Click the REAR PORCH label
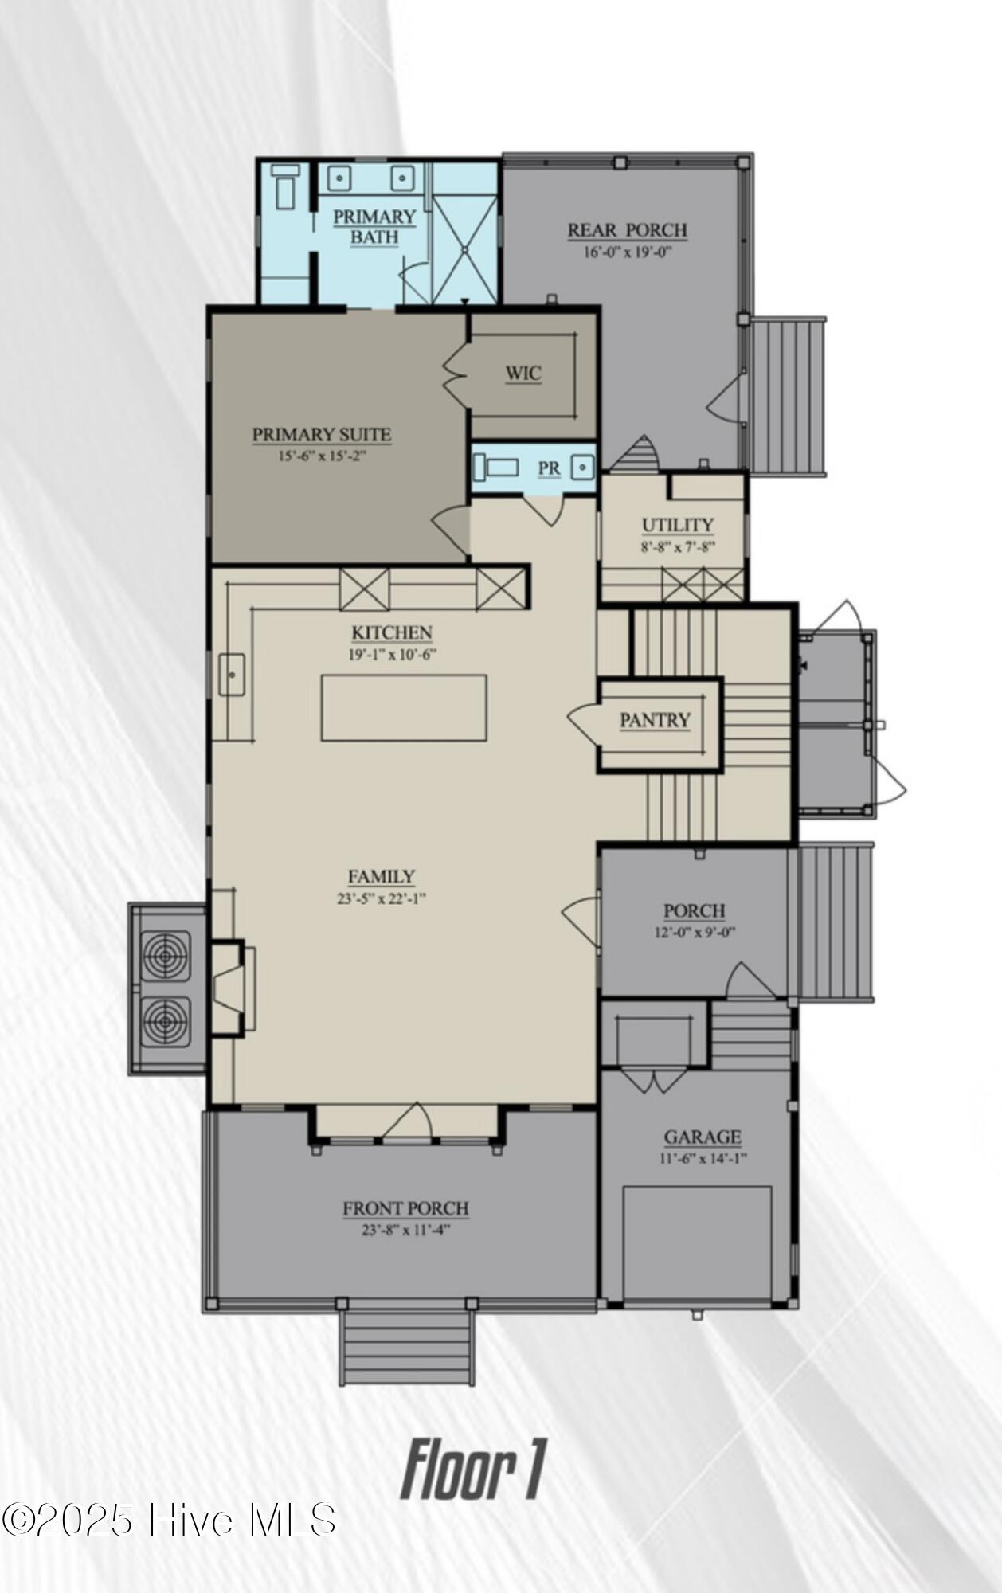tap(627, 230)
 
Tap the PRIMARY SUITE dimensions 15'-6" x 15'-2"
tap(322, 456)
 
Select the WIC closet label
tap(523, 373)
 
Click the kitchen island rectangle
tap(404, 708)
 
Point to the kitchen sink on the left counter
tap(232, 674)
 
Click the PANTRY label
tap(655, 720)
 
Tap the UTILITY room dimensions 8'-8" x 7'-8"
tap(678, 546)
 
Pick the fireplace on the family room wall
tap(229, 988)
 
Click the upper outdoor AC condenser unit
tap(166, 956)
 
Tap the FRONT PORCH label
tap(405, 1208)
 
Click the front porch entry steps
tap(407, 1347)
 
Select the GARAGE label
tap(703, 1137)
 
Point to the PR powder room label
tap(549, 468)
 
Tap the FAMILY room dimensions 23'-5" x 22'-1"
tap(382, 898)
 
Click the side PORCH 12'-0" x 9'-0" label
tap(695, 910)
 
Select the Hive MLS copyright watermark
tap(169, 1520)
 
